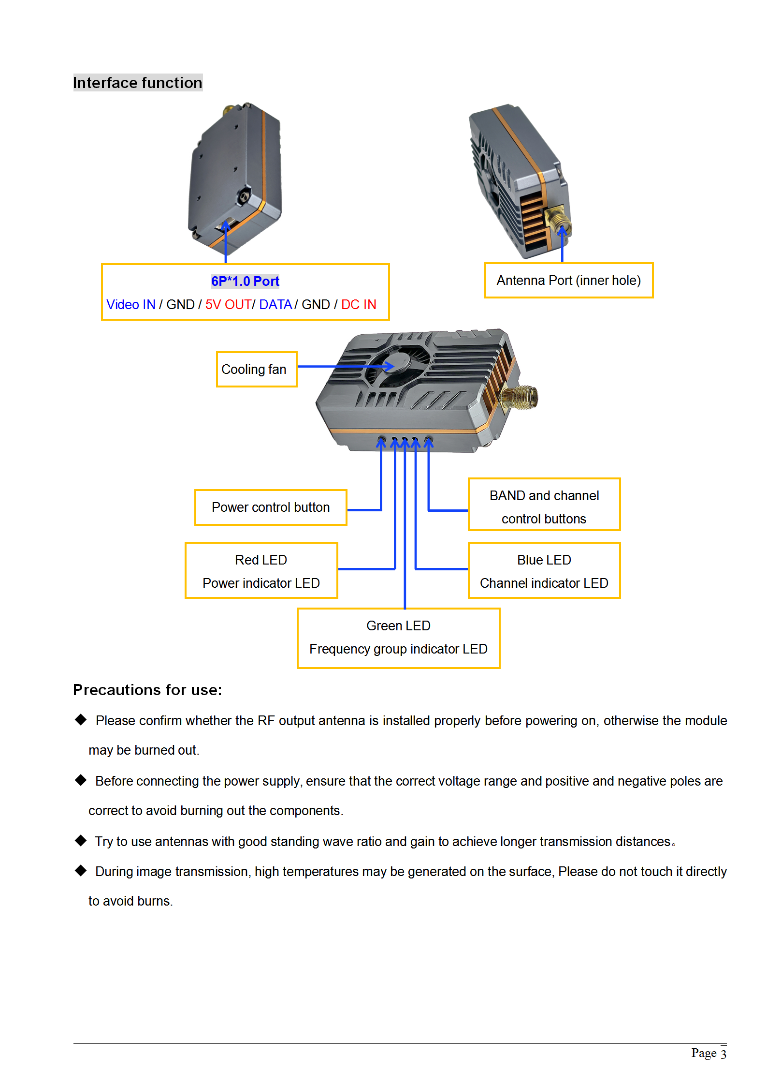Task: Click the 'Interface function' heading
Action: (x=138, y=83)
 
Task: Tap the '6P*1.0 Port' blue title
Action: (x=245, y=281)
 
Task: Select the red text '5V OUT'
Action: (x=228, y=305)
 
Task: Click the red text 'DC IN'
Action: (x=359, y=305)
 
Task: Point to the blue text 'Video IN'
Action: (x=131, y=305)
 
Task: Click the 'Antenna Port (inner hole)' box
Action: (x=568, y=281)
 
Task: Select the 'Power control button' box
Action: (x=271, y=507)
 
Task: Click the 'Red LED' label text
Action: (x=261, y=560)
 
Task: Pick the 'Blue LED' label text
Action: (x=544, y=560)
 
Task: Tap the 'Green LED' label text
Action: (x=398, y=625)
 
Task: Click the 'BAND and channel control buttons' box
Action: (x=544, y=505)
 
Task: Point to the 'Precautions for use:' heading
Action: (x=147, y=690)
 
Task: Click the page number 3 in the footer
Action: (x=723, y=1054)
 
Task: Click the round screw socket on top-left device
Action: (x=244, y=197)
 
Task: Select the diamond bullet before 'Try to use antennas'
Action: (x=81, y=841)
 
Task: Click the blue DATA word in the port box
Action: (x=275, y=305)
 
